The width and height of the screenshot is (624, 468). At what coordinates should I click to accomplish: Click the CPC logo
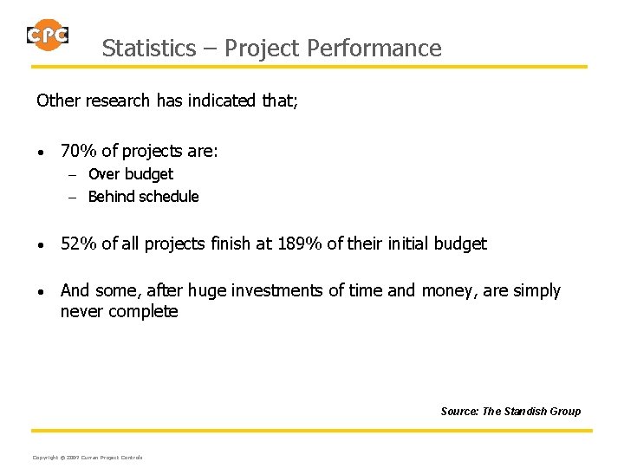(x=47, y=35)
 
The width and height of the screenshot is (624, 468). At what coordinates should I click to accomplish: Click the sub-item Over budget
(x=130, y=174)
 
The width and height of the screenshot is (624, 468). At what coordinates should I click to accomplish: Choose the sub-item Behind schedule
(x=143, y=197)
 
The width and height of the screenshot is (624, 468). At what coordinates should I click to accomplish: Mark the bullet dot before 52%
(x=42, y=245)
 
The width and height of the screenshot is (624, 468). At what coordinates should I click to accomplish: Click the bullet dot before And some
(x=42, y=292)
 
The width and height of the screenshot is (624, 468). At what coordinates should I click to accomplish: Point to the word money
(x=445, y=291)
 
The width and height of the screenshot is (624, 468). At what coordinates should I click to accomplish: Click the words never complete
(x=119, y=311)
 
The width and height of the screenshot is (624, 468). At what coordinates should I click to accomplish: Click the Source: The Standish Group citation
(x=510, y=411)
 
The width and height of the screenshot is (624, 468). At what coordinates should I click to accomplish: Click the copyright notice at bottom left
(x=87, y=457)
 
